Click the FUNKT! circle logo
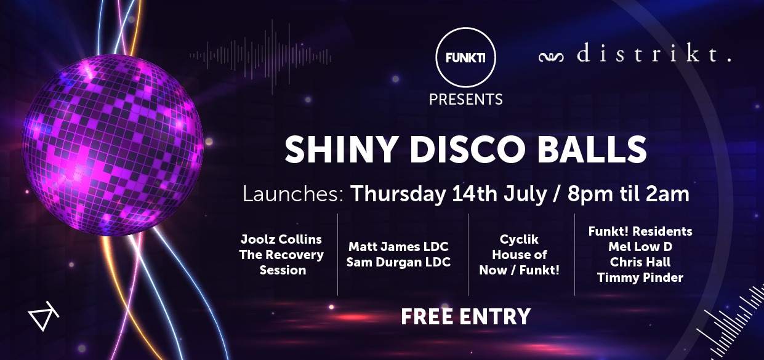(x=465, y=58)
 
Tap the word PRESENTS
(x=465, y=98)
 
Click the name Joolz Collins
(x=281, y=239)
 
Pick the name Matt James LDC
(x=398, y=247)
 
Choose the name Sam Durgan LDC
(x=398, y=262)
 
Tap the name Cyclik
(x=521, y=239)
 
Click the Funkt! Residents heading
(x=640, y=231)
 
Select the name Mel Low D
(x=640, y=247)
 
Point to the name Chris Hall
(x=640, y=262)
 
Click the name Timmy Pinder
(x=640, y=278)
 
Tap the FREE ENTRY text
(x=465, y=316)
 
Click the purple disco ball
(x=113, y=145)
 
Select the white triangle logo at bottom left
(x=43, y=317)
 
